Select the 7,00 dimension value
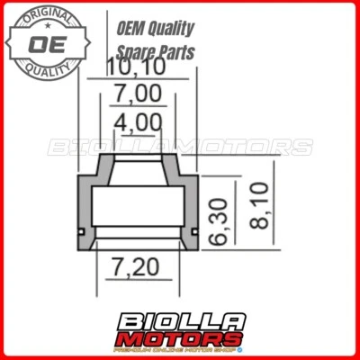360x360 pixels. tap(138, 94)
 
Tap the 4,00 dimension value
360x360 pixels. tap(138, 121)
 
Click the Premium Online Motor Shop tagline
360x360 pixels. tap(180, 350)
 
